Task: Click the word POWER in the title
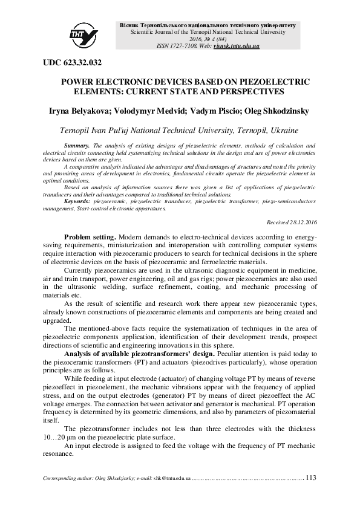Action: pyautogui.click(x=78, y=81)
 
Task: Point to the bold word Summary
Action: pyautogui.click(x=76, y=146)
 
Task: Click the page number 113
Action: pyautogui.click(x=312, y=478)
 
